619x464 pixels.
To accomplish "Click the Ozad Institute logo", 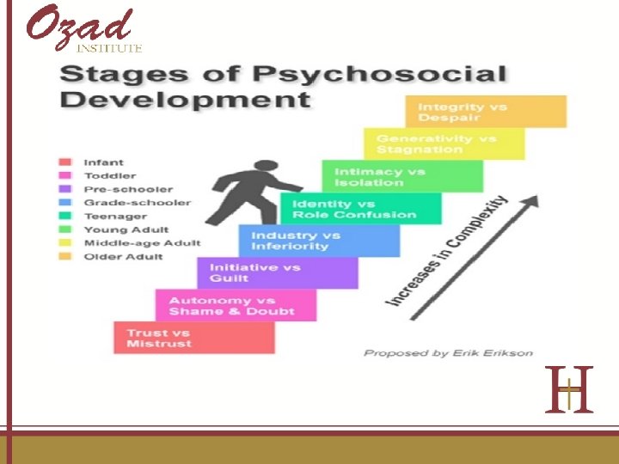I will click(x=83, y=28).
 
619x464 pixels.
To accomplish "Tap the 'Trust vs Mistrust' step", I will click(x=194, y=338).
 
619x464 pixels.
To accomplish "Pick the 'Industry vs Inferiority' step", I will click(x=319, y=241).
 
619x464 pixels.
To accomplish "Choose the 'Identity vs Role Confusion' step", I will click(x=360, y=209).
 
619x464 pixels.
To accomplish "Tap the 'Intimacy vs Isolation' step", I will click(x=402, y=176).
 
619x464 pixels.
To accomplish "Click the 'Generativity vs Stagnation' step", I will click(x=444, y=143).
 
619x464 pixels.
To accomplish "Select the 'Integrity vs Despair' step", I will click(x=486, y=112).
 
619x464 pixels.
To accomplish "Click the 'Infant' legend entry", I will click(x=103, y=162).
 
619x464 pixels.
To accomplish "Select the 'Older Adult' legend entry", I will click(x=122, y=257).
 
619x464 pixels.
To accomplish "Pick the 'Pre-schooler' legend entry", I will click(x=127, y=189).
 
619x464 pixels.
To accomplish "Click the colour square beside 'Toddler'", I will click(x=64, y=175).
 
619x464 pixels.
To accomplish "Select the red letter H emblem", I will click(x=569, y=389).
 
